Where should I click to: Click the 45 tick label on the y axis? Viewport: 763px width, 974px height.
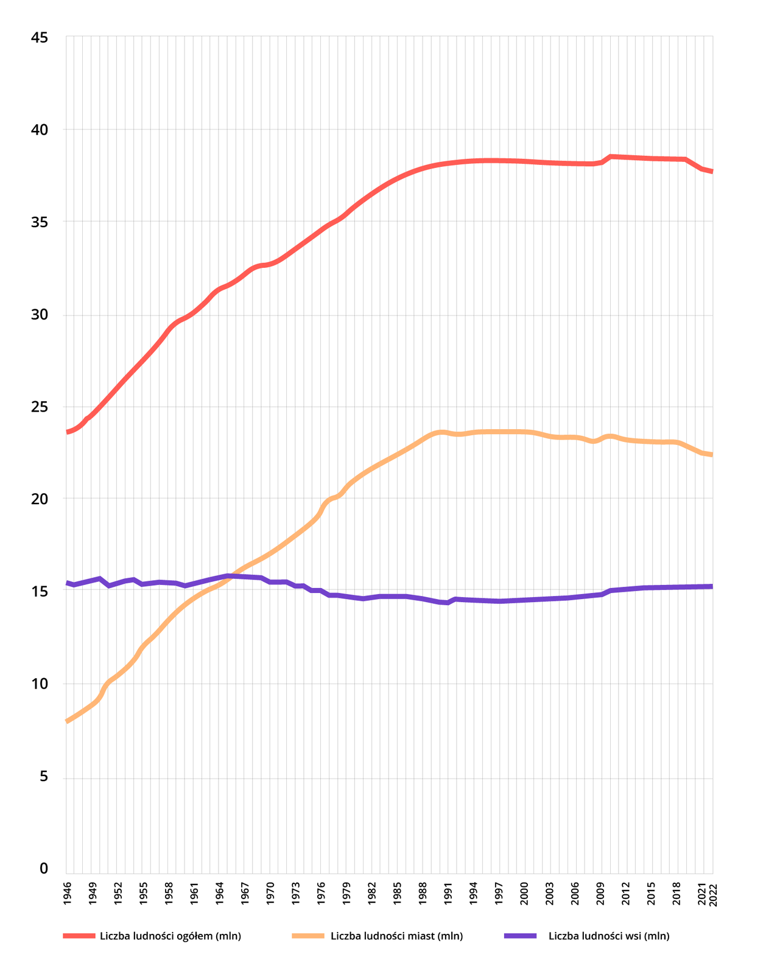[39, 38]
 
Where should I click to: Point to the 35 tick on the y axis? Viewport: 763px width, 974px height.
[39, 222]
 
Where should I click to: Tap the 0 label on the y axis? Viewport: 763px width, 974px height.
[43, 869]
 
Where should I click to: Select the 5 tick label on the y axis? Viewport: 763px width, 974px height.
[43, 777]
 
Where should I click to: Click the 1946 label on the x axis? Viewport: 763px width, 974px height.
[67, 894]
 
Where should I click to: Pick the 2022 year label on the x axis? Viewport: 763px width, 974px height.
[713, 895]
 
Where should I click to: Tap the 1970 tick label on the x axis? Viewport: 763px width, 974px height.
[270, 894]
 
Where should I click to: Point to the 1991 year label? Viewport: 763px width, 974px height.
[448, 894]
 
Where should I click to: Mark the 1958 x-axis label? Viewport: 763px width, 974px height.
[169, 894]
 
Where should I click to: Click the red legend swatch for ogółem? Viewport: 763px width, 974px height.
[79, 936]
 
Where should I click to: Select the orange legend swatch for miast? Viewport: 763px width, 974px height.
[308, 936]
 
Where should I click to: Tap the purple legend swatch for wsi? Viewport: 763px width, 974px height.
[520, 936]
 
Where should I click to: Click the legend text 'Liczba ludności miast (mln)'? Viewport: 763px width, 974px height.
[396, 936]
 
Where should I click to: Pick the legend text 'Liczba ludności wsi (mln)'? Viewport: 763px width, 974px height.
[609, 936]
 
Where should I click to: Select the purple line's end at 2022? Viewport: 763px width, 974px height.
[711, 586]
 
